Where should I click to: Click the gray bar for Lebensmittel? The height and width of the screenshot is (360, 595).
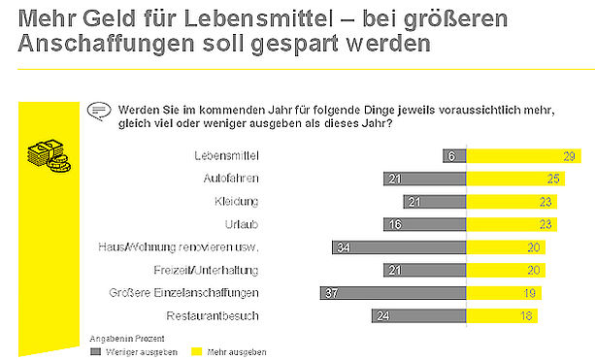454,156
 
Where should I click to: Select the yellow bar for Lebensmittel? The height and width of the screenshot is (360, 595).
524,156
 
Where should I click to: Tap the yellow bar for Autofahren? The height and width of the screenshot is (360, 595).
515,179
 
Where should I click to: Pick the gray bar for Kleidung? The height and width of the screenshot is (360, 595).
435,202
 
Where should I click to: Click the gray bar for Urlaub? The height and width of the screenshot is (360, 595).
424,224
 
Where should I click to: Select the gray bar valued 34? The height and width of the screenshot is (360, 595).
399,247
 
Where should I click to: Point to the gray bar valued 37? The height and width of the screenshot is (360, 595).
393,293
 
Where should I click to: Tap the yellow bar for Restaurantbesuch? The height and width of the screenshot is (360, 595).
502,315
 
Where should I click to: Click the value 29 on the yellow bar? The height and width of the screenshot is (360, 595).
569,156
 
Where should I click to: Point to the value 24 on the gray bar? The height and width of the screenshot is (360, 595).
383,316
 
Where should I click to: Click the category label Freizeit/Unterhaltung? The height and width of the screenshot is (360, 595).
206,270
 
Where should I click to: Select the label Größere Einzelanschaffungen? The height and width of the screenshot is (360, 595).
183,293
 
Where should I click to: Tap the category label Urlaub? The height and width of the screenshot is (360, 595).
242,224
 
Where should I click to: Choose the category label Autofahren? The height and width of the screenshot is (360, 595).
231,179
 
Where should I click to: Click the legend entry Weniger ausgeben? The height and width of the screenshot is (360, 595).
134,352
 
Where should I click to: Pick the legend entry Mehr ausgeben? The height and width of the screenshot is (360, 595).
229,352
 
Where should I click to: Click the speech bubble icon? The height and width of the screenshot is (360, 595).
99,112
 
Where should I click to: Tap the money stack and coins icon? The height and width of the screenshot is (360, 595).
49,156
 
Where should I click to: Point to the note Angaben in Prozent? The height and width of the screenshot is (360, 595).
127,339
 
